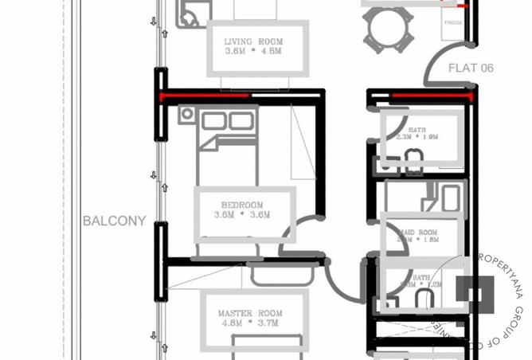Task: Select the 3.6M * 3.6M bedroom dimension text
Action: (242, 215)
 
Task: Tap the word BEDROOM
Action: (242, 205)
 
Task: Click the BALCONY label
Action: (114, 221)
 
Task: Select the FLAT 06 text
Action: (471, 68)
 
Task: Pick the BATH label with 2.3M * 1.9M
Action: (417, 133)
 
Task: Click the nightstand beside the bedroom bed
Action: (186, 115)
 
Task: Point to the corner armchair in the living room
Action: (191, 14)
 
